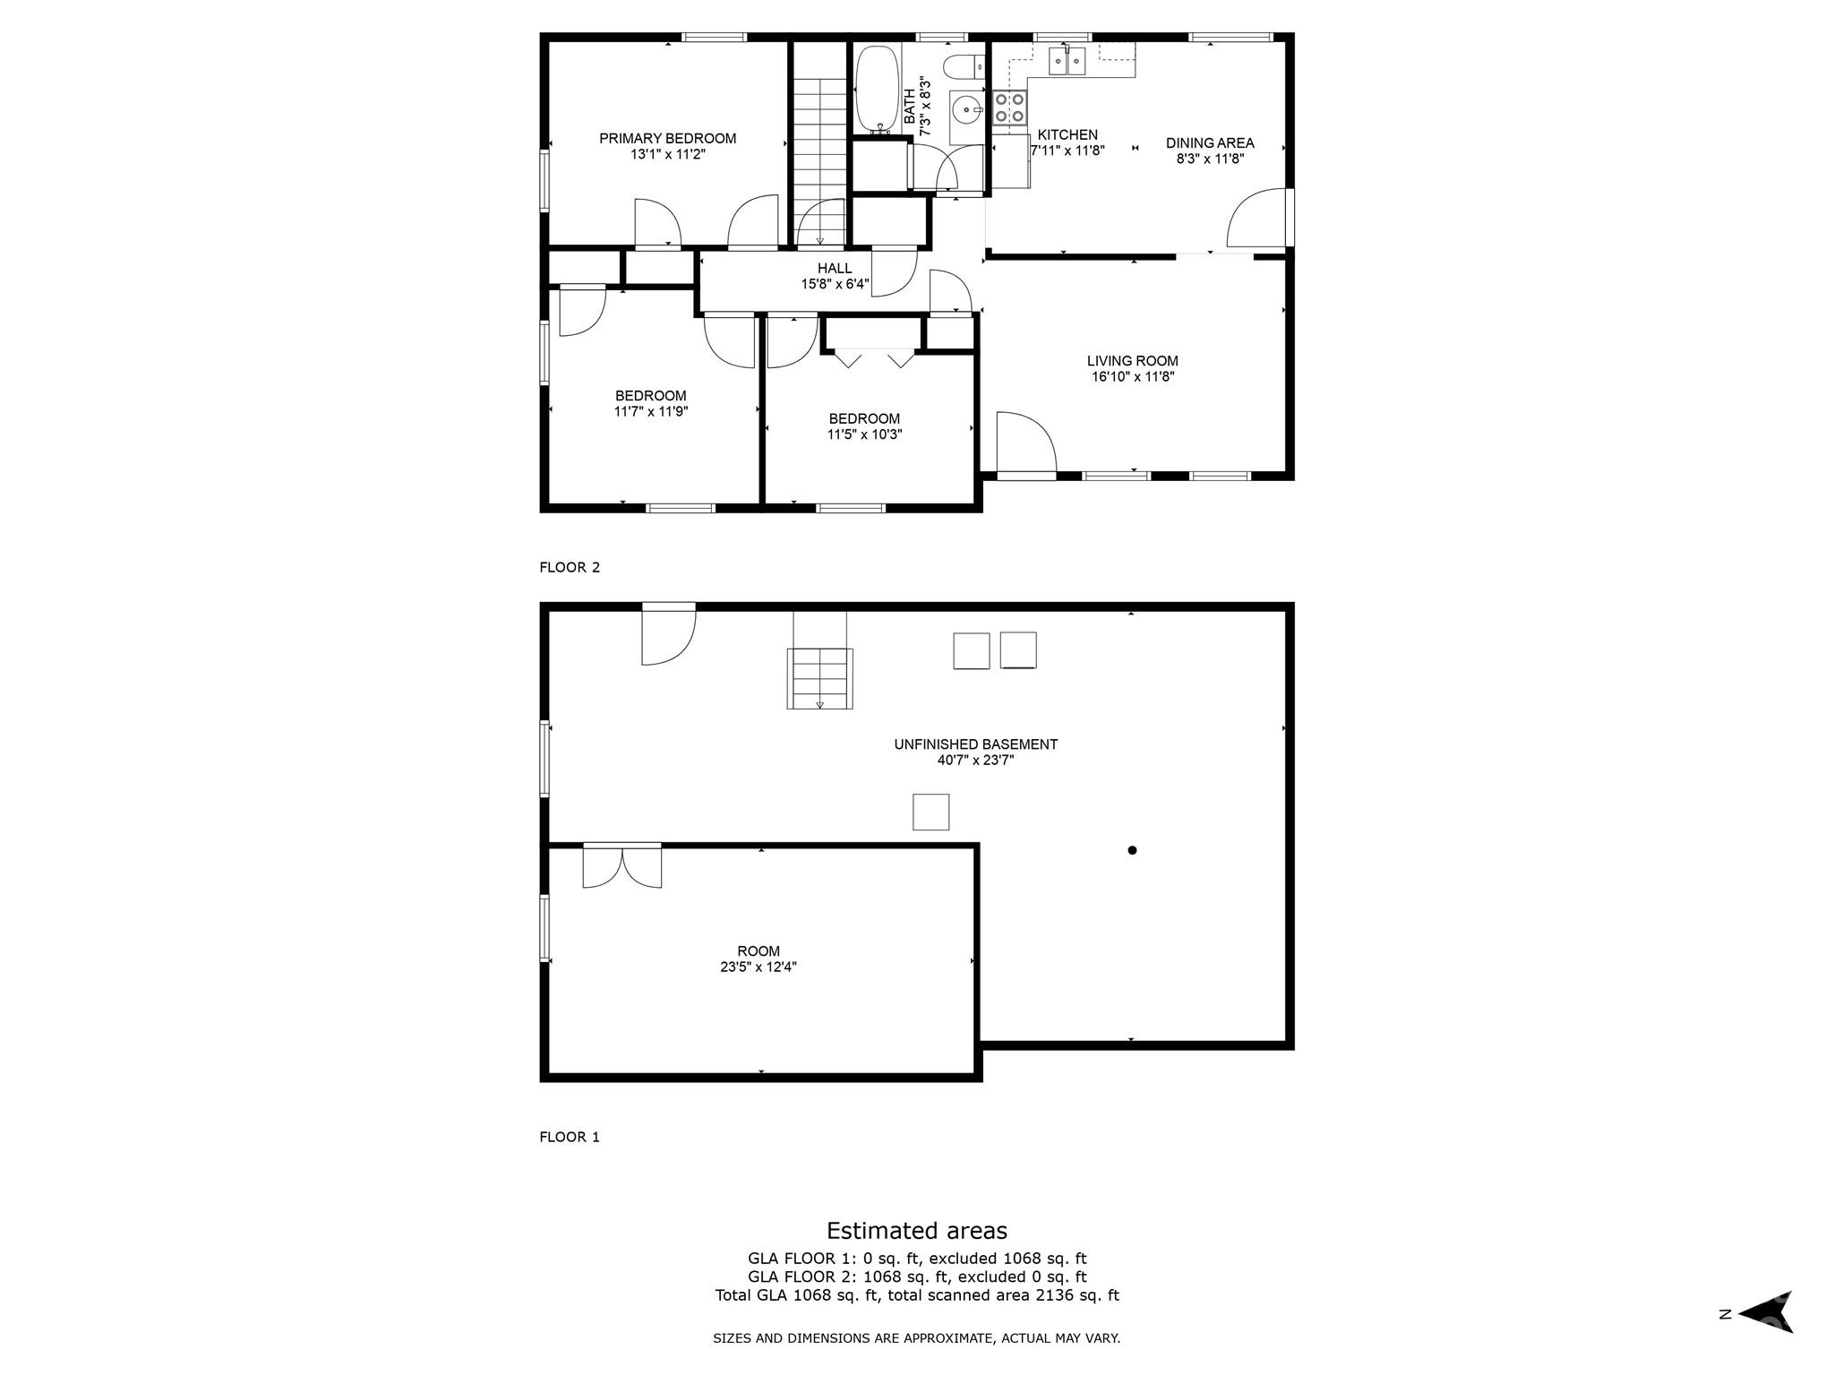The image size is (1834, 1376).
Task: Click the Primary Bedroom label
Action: coord(667,138)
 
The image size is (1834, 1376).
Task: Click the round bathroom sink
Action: coord(966,111)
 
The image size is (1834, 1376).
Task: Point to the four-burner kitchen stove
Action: coord(1009,107)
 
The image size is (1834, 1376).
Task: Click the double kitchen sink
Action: coord(1067,61)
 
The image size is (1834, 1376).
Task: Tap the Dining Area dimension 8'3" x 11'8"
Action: coord(1210,159)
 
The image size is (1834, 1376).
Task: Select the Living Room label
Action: coord(1132,361)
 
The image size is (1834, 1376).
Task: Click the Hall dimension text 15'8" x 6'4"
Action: coord(835,284)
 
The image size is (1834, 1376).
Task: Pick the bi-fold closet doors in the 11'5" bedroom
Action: coord(875,357)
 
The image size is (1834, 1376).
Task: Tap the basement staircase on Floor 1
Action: coord(819,678)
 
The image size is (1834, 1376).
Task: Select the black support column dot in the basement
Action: coord(1132,850)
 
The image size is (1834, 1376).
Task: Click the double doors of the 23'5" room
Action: coord(621,866)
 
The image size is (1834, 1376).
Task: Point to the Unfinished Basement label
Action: coord(975,744)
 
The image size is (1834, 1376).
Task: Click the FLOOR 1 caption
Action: coord(569,1137)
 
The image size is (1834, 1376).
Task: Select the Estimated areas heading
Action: coord(916,1230)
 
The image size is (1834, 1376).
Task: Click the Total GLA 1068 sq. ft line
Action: coord(916,1294)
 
